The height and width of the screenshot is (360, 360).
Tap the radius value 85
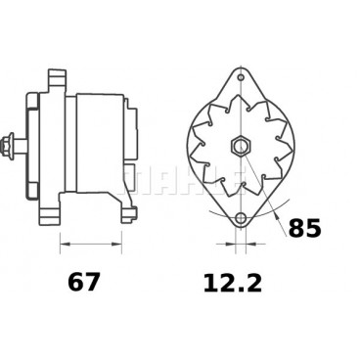coord(305,230)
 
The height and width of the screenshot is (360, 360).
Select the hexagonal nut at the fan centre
coord(240,146)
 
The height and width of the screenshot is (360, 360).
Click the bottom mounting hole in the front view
coord(240,219)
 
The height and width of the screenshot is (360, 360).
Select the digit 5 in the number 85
coord(313,230)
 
